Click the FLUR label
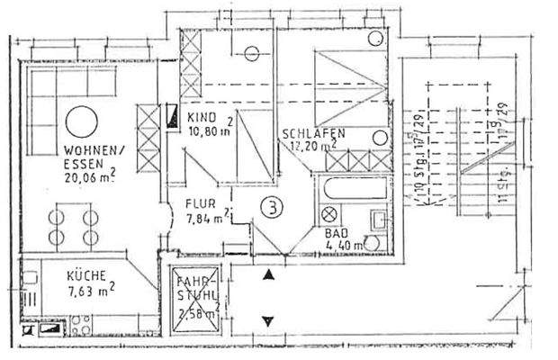(x=201, y=203)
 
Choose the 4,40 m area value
(x=343, y=244)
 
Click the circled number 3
(x=268, y=206)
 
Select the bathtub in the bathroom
(x=352, y=191)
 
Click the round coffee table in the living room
(x=78, y=120)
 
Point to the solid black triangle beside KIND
(x=171, y=113)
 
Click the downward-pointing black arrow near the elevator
(x=267, y=319)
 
